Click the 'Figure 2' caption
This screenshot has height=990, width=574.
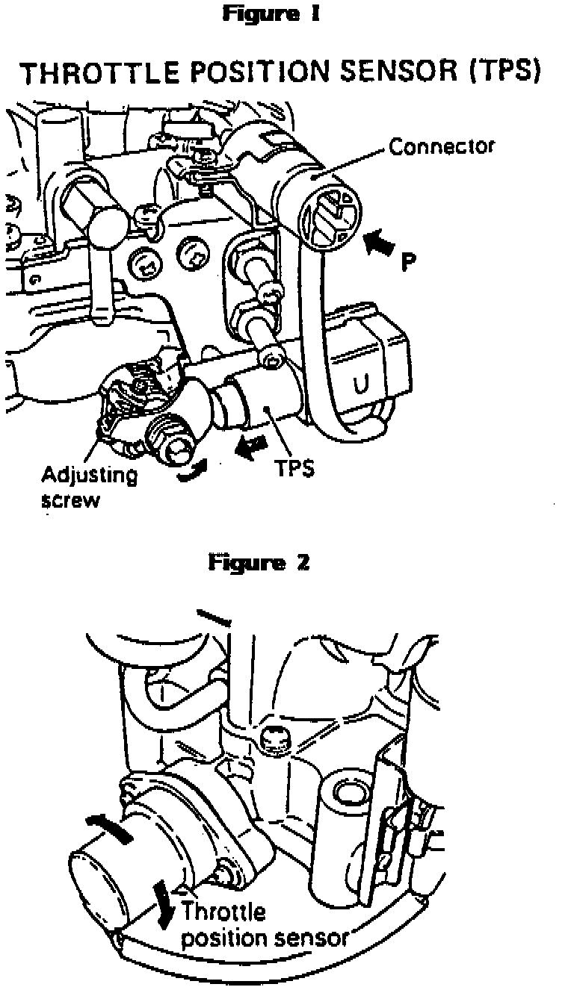[x=259, y=561]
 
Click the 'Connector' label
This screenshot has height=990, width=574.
[x=441, y=147]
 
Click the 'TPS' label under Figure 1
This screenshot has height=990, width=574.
[x=294, y=470]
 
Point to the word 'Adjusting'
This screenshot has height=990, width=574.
[x=90, y=475]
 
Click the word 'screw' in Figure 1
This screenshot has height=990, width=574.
[x=70, y=499]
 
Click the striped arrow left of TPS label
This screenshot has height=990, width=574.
[x=247, y=447]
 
